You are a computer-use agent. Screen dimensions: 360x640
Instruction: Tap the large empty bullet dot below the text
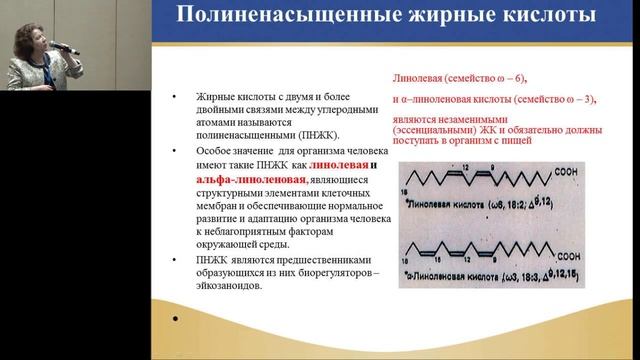[176, 320]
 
